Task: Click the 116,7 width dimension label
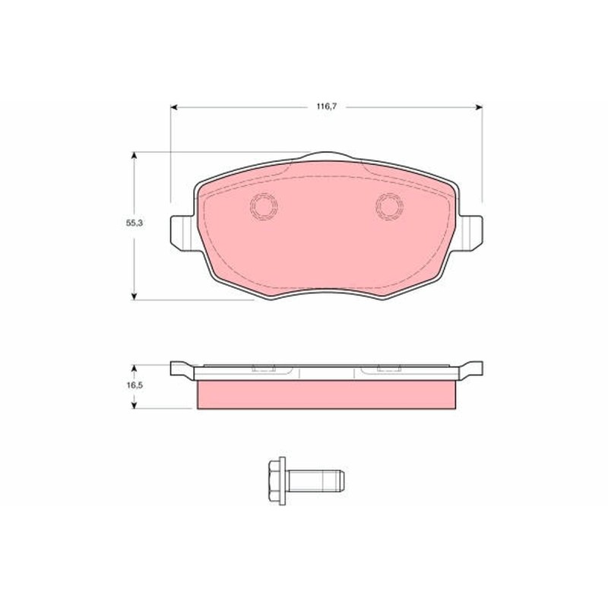(x=327, y=106)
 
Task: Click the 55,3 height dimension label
(x=135, y=223)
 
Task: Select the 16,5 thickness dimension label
(x=135, y=385)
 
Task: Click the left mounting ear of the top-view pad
(x=182, y=233)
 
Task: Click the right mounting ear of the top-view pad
(x=470, y=233)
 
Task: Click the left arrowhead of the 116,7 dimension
(x=174, y=107)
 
